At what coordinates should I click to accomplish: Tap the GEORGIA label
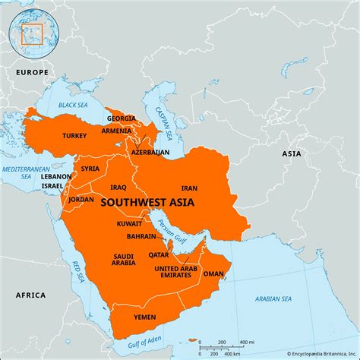(x=122, y=118)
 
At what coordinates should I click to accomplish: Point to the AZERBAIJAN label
(x=150, y=152)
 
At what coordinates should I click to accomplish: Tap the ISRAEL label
(x=52, y=185)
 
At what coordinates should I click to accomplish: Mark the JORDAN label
(x=81, y=199)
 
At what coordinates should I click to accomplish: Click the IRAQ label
(x=118, y=187)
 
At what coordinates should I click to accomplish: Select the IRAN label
(x=189, y=187)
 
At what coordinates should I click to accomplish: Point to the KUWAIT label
(x=129, y=224)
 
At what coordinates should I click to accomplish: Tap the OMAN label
(x=213, y=274)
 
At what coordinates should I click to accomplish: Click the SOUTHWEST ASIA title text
(x=147, y=203)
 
